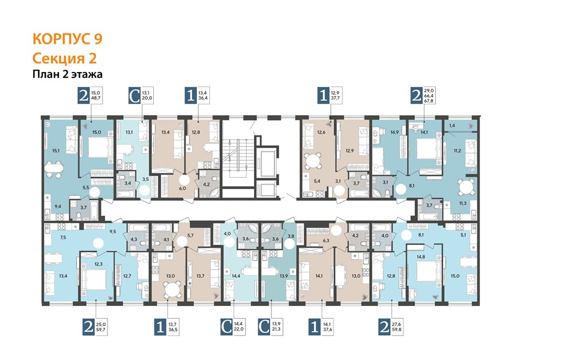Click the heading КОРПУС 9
(67, 39)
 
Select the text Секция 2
(64, 58)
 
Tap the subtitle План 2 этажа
(67, 74)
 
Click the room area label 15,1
(56, 151)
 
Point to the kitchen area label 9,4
(58, 206)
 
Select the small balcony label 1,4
(452, 125)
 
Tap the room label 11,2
(458, 151)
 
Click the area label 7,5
(63, 237)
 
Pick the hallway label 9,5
(112, 232)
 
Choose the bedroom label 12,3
(98, 264)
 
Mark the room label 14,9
(394, 132)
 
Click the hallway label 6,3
(327, 241)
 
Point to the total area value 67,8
(429, 101)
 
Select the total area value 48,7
(96, 98)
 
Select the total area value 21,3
(276, 329)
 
